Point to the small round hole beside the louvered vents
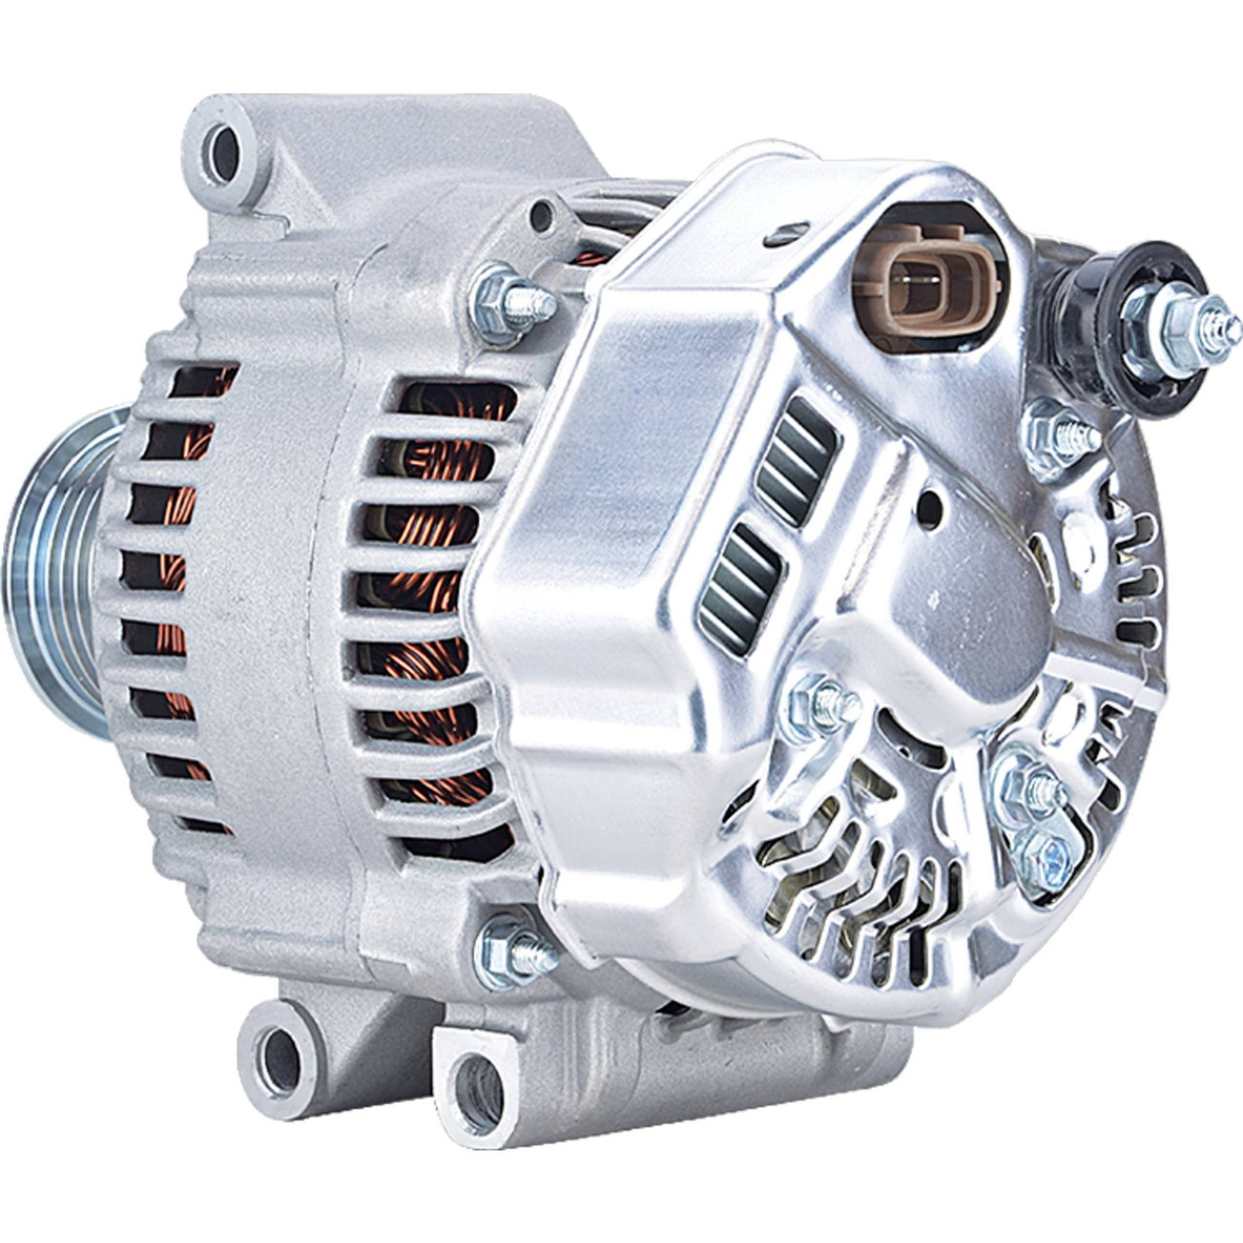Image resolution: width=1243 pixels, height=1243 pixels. (x=929, y=508)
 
